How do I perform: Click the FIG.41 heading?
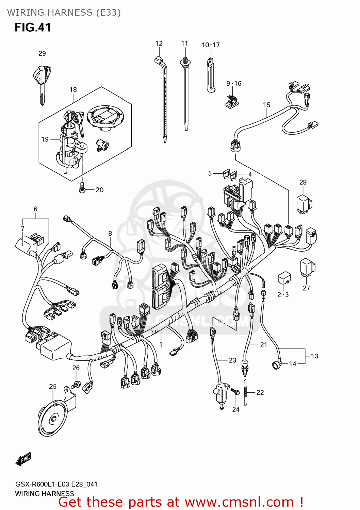(x=33, y=27)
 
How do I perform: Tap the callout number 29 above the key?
(x=42, y=53)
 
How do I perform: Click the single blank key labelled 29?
(x=42, y=82)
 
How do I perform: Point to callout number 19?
(x=45, y=139)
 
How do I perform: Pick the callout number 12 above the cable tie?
(x=159, y=44)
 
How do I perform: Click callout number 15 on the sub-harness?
(x=266, y=105)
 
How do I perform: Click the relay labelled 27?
(x=307, y=267)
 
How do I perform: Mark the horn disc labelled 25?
(x=53, y=419)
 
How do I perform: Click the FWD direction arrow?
(x=23, y=459)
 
